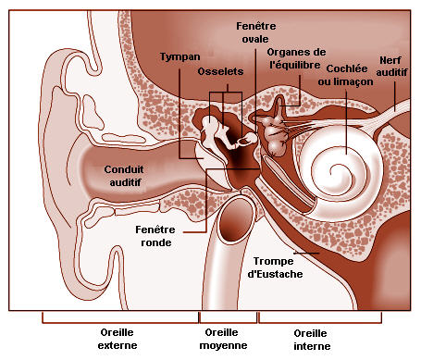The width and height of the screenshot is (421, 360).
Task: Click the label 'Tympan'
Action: pos(180,56)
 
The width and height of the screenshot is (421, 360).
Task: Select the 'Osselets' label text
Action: pos(220,71)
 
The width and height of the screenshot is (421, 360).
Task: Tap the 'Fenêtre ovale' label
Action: pos(255,32)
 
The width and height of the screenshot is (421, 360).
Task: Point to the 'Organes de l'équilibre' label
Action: pos(295,58)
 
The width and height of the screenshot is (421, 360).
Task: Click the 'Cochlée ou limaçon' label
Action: pos(346,75)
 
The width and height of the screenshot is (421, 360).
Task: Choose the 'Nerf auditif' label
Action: pos(391,66)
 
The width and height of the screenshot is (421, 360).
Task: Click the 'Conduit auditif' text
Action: pos(124,176)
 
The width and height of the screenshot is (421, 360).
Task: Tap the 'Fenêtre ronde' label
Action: pos(155,236)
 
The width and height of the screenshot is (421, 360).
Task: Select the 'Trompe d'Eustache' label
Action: pos(275,267)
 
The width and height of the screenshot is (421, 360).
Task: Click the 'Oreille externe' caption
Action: pos(118,339)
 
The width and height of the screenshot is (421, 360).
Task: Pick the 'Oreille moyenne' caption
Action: pos(223,339)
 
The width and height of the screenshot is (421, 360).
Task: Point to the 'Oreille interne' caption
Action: pos(312,340)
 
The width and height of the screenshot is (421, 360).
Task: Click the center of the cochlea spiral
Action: pos(335,170)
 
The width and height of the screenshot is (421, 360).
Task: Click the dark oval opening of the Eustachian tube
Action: pos(236,219)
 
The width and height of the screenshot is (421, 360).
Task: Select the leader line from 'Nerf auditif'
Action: pos(395,93)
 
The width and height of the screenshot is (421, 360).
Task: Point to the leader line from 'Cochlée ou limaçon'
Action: pos(346,121)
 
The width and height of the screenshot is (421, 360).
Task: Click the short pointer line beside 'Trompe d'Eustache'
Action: pos(306,254)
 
